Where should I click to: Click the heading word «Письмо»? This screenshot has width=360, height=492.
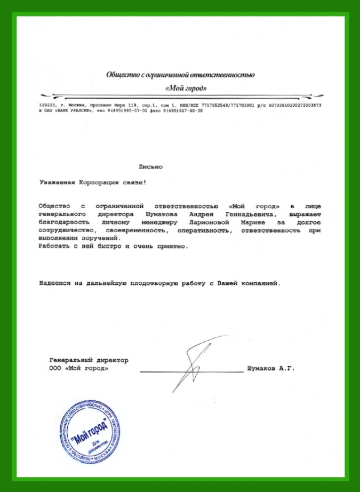click(151, 167)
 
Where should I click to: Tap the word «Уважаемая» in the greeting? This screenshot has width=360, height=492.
click(58, 182)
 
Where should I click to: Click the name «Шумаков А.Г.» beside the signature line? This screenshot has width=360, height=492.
click(271, 368)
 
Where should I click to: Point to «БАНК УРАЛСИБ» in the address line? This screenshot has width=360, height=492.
click(73, 111)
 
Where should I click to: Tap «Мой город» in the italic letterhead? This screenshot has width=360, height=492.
click(185, 88)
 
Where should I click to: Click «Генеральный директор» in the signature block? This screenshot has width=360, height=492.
click(89, 360)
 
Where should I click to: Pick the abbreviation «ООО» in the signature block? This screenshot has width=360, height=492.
click(55, 368)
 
